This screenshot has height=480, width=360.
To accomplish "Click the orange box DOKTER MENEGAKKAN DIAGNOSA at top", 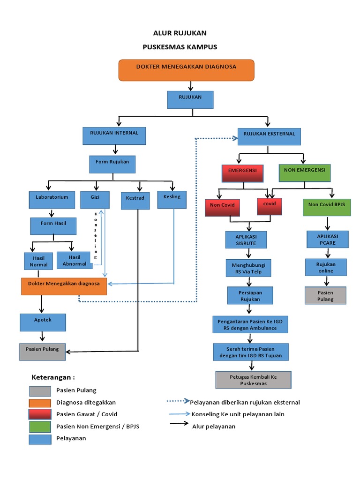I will click(186, 70).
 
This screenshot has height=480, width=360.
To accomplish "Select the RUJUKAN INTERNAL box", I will click(114, 135).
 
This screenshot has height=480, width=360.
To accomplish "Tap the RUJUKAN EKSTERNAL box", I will click(269, 136).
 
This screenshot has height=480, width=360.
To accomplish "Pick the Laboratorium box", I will click(52, 200).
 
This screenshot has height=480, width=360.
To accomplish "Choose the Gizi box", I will click(95, 200).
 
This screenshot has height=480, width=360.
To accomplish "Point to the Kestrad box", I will click(135, 200).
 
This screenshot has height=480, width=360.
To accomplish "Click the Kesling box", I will click(172, 199).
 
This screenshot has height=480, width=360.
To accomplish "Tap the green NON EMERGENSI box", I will click(305, 173).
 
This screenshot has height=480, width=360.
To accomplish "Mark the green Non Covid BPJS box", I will click(327, 207).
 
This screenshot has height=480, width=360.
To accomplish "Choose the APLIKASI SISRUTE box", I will click(246, 240).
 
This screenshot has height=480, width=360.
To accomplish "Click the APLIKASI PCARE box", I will click(328, 239).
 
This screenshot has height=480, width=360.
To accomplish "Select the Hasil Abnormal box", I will click(75, 260).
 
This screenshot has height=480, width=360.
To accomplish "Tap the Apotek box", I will click(43, 322).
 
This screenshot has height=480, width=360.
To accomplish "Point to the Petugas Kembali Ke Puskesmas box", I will click(253, 380).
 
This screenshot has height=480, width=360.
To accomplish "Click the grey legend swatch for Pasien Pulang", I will click(40, 391).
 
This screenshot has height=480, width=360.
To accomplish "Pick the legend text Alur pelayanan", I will click(214, 426).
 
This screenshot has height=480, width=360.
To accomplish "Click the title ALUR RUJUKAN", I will click(180, 33).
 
